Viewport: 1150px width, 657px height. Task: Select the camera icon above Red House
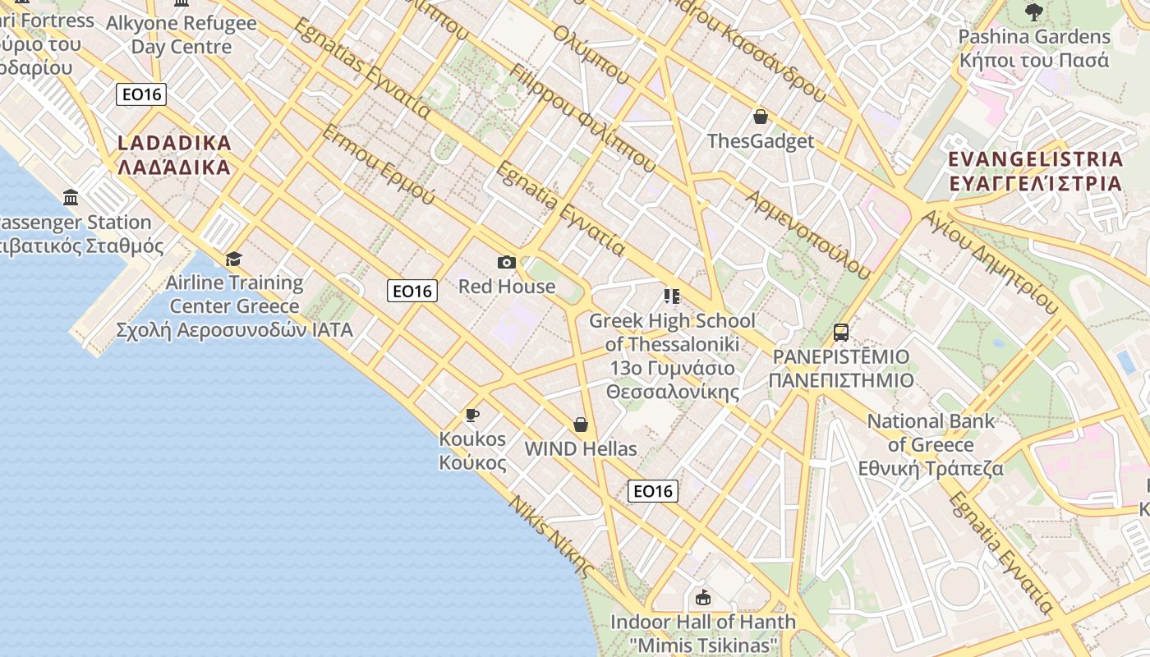(x=507, y=263)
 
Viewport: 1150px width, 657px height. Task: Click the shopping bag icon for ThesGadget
(x=761, y=117)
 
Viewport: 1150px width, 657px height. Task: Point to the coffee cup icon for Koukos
(x=472, y=415)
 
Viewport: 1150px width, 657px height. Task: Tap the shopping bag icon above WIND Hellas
(x=581, y=425)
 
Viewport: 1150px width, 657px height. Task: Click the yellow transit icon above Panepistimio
(x=841, y=333)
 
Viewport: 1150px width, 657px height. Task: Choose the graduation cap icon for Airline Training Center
(x=234, y=260)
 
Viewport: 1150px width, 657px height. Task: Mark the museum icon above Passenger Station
(x=71, y=198)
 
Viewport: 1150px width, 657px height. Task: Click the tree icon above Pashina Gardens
(x=1034, y=12)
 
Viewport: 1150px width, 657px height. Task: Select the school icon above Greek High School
(x=672, y=296)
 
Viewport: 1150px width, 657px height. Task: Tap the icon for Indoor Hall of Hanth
(x=702, y=598)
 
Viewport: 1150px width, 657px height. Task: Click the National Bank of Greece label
(x=931, y=444)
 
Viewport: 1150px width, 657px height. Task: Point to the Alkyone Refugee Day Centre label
(x=181, y=34)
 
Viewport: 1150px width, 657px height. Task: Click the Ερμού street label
(x=379, y=164)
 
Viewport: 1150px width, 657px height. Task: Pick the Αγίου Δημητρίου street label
(x=990, y=260)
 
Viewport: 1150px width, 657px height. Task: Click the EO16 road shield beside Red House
(x=412, y=291)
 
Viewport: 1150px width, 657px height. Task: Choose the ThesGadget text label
(x=761, y=141)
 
